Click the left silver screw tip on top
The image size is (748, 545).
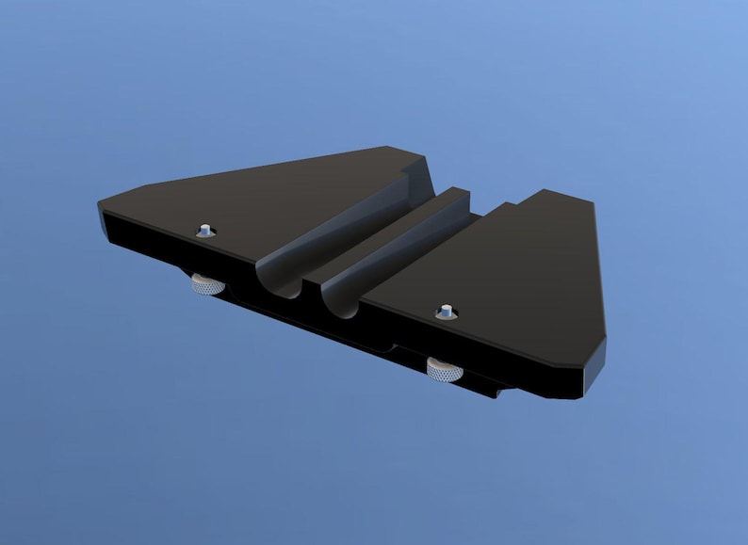[204, 230]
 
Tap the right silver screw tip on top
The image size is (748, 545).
[446, 310]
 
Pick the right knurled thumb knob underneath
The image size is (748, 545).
[443, 370]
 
